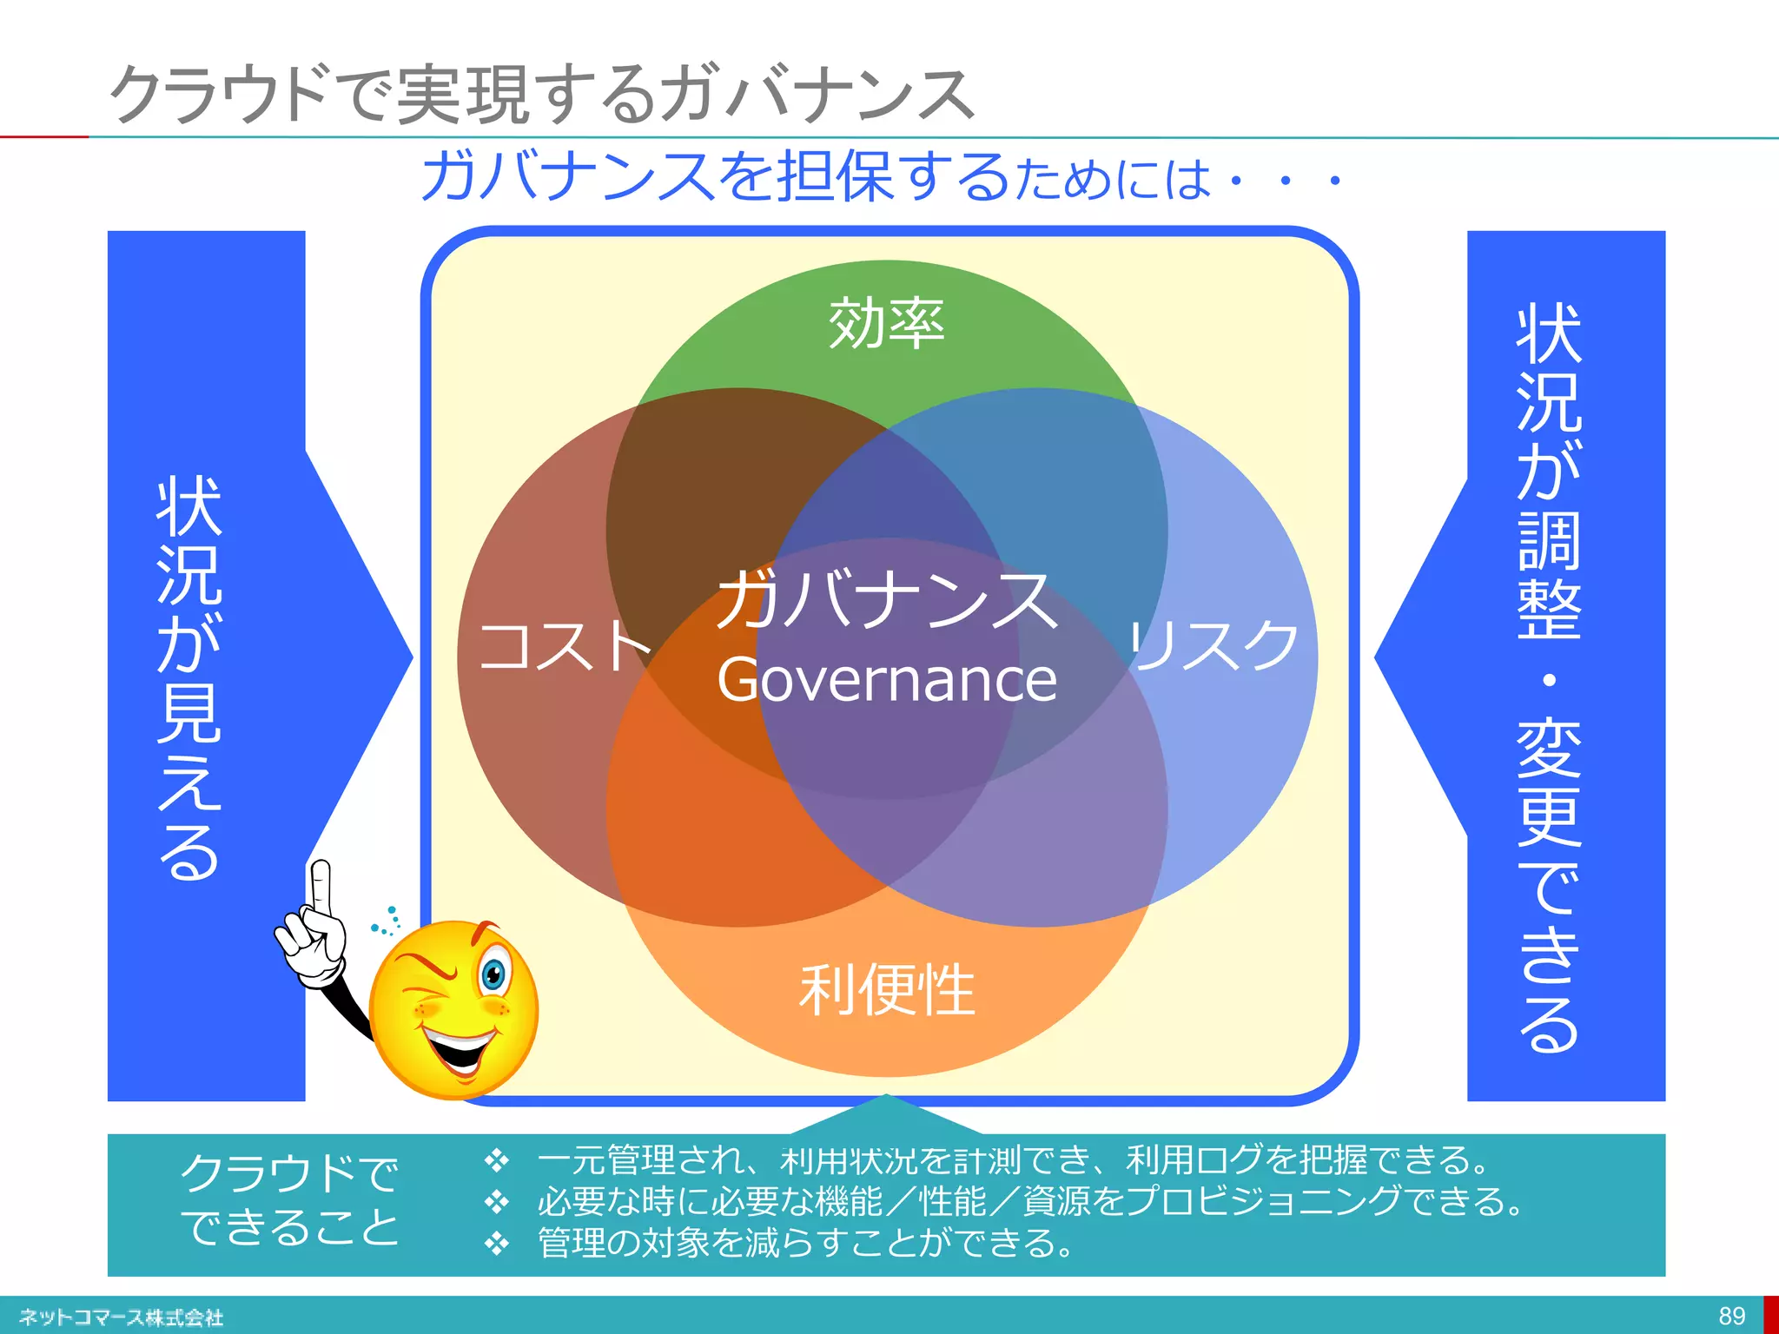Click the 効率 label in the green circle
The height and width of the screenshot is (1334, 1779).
[886, 324]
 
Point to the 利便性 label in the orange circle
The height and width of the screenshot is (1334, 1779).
[887, 990]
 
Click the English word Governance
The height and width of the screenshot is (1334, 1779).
[887, 680]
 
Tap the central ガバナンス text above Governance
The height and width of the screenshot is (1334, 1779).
[887, 599]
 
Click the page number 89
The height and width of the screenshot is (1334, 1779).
[1731, 1316]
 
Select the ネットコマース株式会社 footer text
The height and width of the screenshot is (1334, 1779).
[121, 1317]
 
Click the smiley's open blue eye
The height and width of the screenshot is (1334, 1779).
[494, 974]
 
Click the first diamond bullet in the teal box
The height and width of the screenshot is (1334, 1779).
[496, 1160]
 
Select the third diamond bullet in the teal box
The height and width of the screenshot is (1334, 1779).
[496, 1244]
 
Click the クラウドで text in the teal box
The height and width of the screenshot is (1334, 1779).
[289, 1172]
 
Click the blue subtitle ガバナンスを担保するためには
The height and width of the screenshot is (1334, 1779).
[817, 177]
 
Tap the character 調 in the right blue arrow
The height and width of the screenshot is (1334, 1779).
[1549, 539]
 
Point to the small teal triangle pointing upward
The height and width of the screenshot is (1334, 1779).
[887, 1114]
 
